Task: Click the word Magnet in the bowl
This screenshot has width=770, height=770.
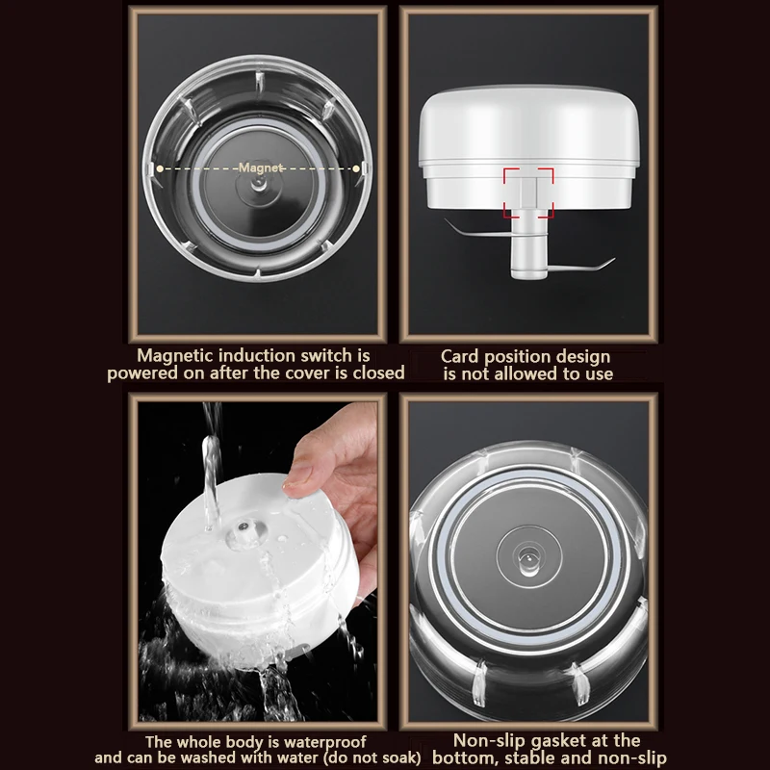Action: click(x=262, y=167)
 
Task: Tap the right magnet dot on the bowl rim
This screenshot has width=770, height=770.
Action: click(x=358, y=167)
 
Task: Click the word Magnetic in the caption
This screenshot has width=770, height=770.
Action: click(x=179, y=356)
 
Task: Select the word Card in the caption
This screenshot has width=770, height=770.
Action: click(x=461, y=356)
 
